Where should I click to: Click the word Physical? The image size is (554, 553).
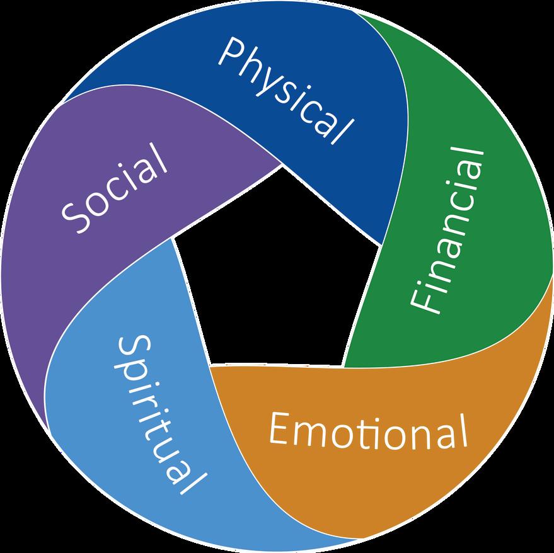[x=284, y=88]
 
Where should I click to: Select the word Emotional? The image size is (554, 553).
[x=368, y=430]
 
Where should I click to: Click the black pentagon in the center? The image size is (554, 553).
[x=277, y=271]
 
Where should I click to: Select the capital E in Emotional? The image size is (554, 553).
[x=280, y=429]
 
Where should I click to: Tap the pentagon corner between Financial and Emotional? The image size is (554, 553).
[x=343, y=366]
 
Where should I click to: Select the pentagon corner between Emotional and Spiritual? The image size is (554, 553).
[x=209, y=365]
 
